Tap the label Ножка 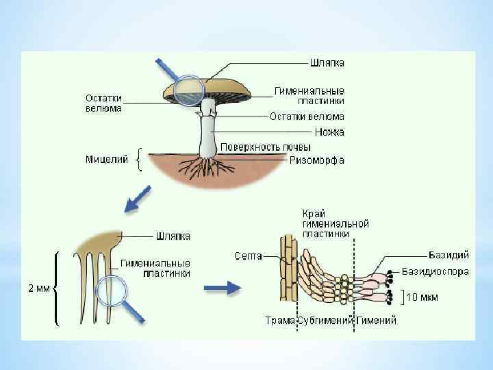click(x=329, y=132)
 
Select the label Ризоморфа click(x=316, y=160)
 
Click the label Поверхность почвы click(x=265, y=147)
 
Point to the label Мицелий click(x=106, y=160)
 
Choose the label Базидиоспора click(x=435, y=272)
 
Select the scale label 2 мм click(x=38, y=288)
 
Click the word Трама click(x=279, y=321)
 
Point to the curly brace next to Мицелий click(x=140, y=160)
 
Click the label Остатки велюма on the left click(x=104, y=102)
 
